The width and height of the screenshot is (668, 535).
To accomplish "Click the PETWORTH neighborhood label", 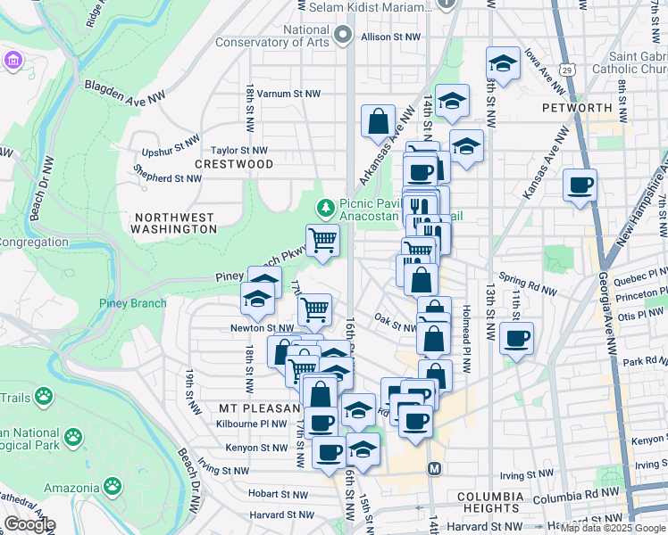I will (x=576, y=108).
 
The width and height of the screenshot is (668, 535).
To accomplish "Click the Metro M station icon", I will (x=434, y=468).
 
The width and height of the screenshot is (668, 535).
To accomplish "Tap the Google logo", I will (x=29, y=524).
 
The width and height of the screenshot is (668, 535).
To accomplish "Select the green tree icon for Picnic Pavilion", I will (x=326, y=207).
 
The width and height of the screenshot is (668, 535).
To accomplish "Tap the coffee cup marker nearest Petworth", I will (x=580, y=186).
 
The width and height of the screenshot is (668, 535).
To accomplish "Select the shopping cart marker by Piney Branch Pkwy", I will (x=322, y=240).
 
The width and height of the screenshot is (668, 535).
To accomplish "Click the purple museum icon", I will (x=13, y=62).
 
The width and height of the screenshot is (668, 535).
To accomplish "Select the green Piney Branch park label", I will (x=132, y=303).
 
